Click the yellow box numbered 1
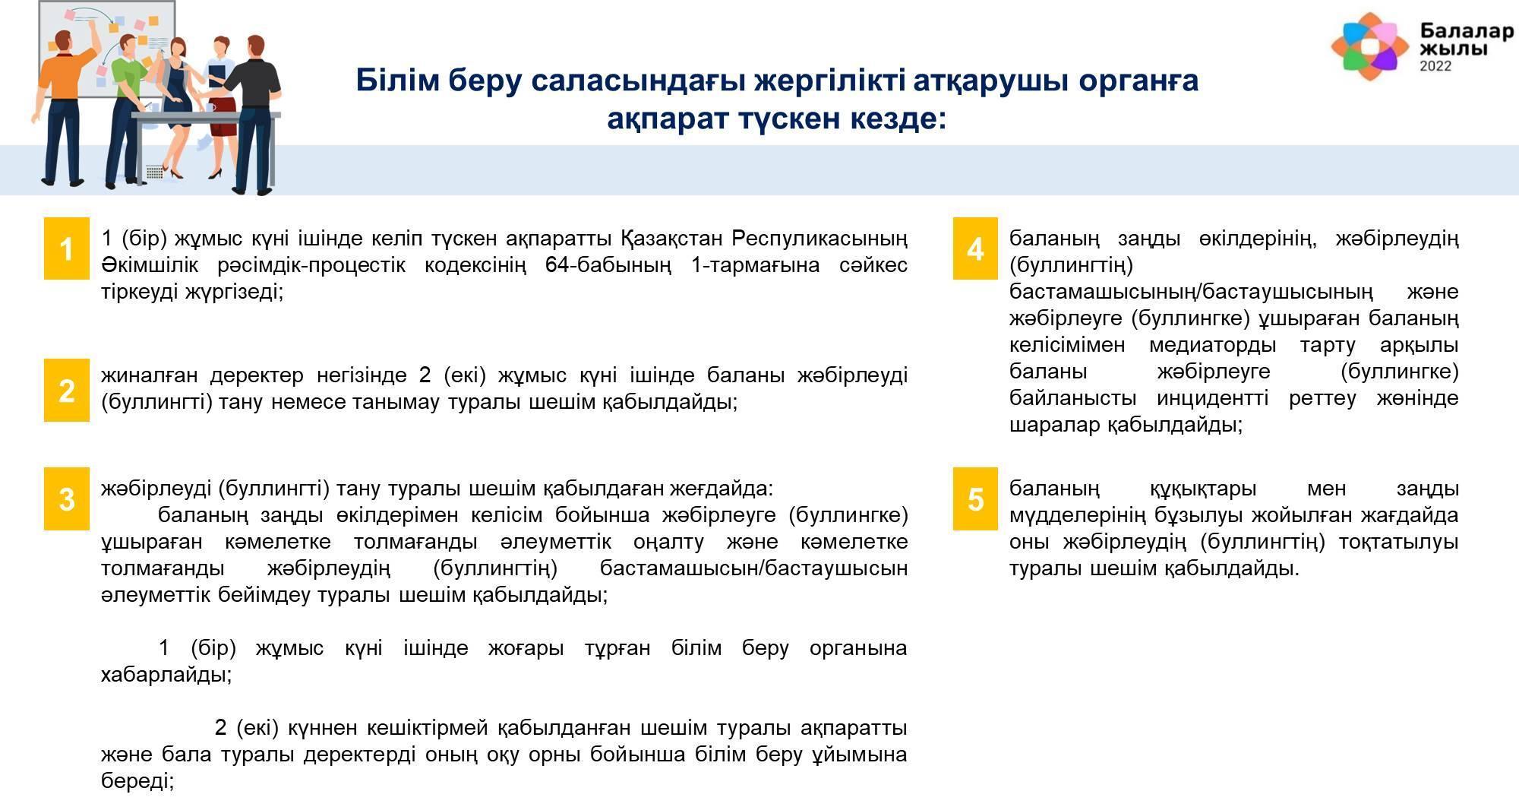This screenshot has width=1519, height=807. click(x=67, y=248)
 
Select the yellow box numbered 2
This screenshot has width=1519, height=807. click(x=67, y=390)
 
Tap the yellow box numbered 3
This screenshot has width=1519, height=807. click(x=67, y=498)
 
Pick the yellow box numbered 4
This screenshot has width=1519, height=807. click(x=975, y=248)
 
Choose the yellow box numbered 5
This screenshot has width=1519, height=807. click(x=975, y=498)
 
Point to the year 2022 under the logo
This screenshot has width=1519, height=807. click(x=1435, y=66)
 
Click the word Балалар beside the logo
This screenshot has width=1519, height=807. click(x=1467, y=31)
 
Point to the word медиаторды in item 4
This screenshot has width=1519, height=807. click(x=1212, y=345)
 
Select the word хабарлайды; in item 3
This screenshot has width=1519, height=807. click(x=166, y=675)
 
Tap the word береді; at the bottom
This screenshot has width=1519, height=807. click(x=137, y=781)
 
